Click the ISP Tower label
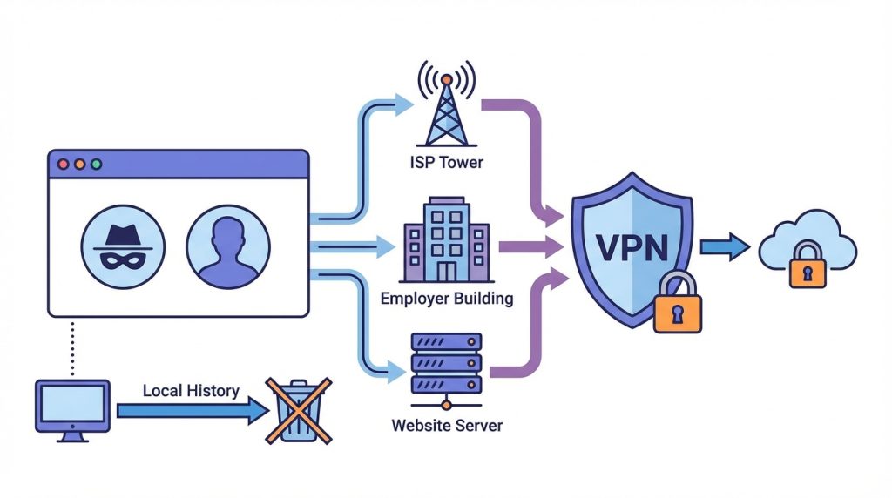447,161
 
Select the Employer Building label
447,299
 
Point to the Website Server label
447,427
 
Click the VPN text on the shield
628,247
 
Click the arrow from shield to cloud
724,247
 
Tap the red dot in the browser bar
63,164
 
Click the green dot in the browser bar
96,164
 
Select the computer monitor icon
72,406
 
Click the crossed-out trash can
299,409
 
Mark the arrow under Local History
193,409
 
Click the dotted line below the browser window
73,347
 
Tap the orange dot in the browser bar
79,164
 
